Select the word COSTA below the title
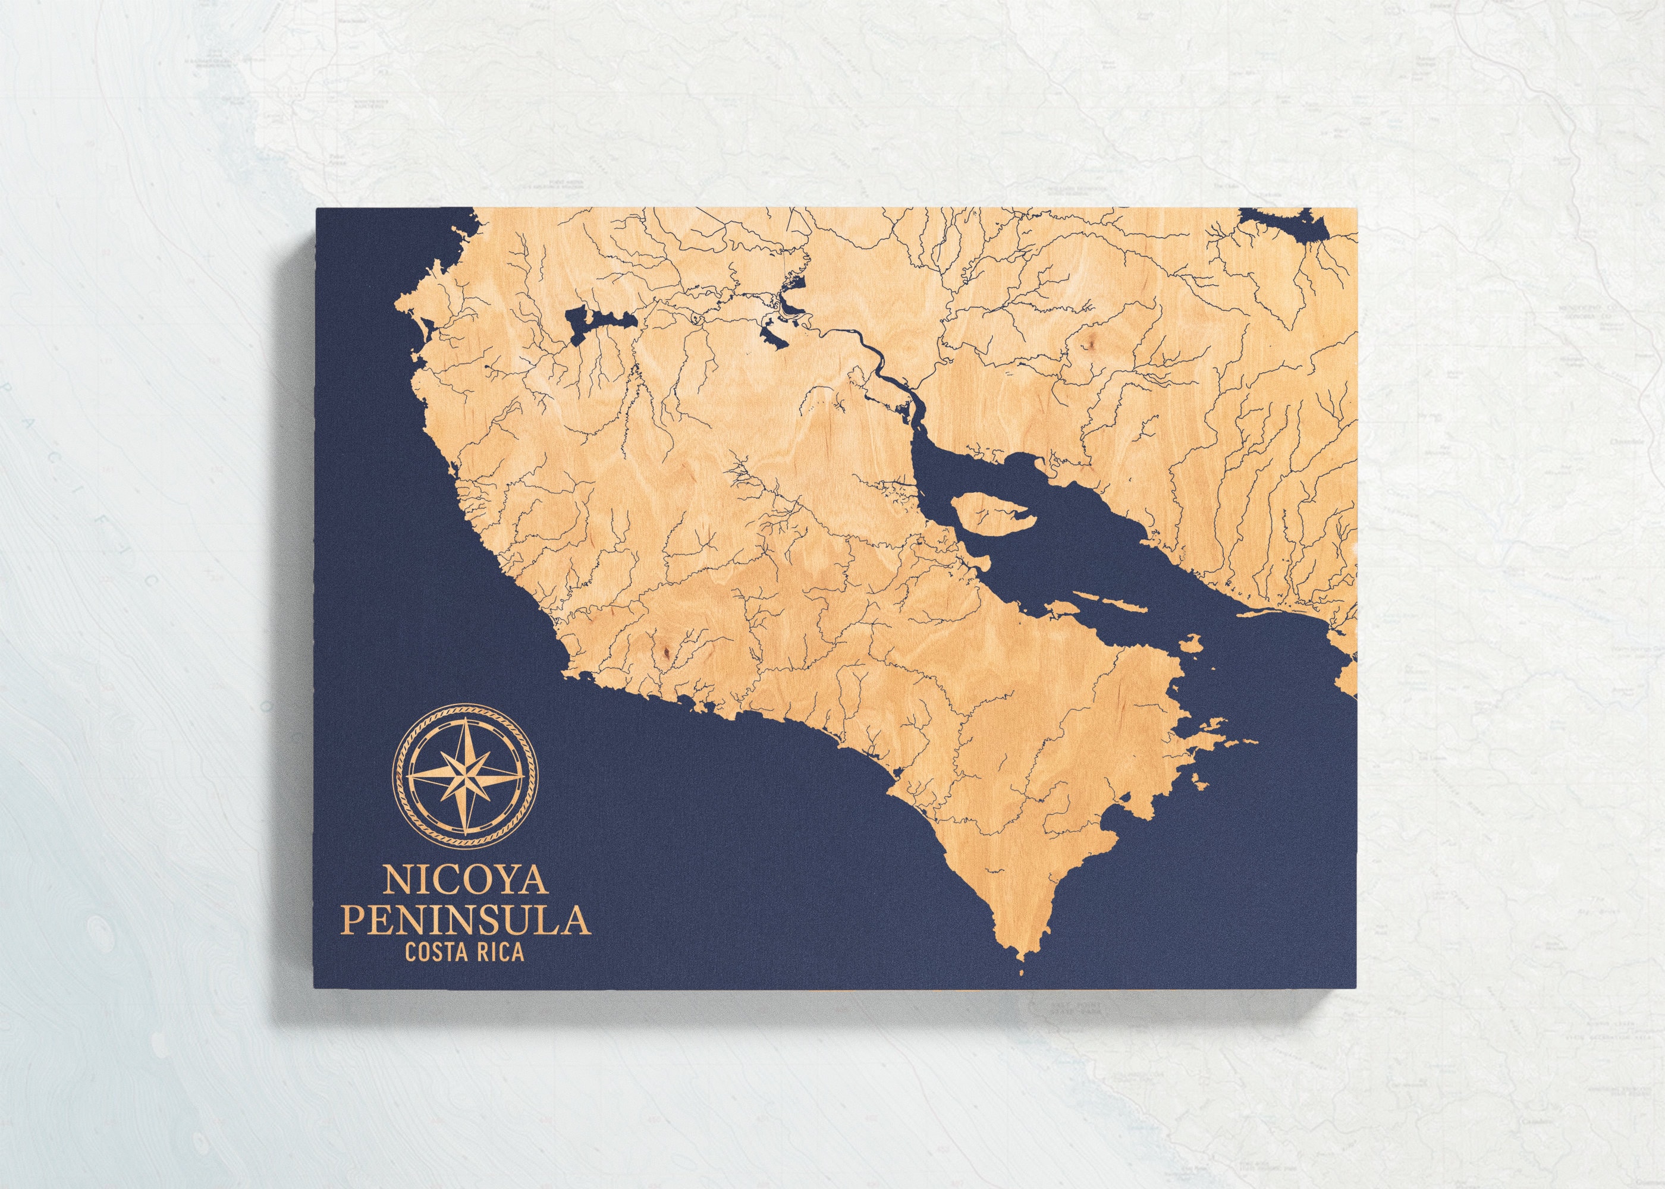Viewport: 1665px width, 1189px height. [x=429, y=952]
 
